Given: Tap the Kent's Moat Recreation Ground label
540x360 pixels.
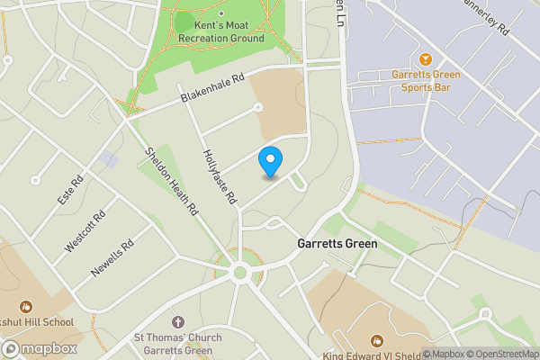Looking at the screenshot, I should pyautogui.click(x=221, y=32).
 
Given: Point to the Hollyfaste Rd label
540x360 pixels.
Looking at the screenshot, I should pyautogui.click(x=220, y=175).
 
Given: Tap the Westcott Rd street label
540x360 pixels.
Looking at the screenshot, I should pyautogui.click(x=85, y=231).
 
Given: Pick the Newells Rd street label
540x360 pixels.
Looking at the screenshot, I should pyautogui.click(x=112, y=257).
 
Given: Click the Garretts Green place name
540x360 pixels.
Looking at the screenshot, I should pyautogui.click(x=337, y=244).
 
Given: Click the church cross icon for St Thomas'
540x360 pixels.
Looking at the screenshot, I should pyautogui.click(x=177, y=321).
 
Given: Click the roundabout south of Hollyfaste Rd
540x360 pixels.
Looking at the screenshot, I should pyautogui.click(x=239, y=272).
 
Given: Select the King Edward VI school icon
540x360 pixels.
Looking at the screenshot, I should pyautogui.click(x=376, y=340).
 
